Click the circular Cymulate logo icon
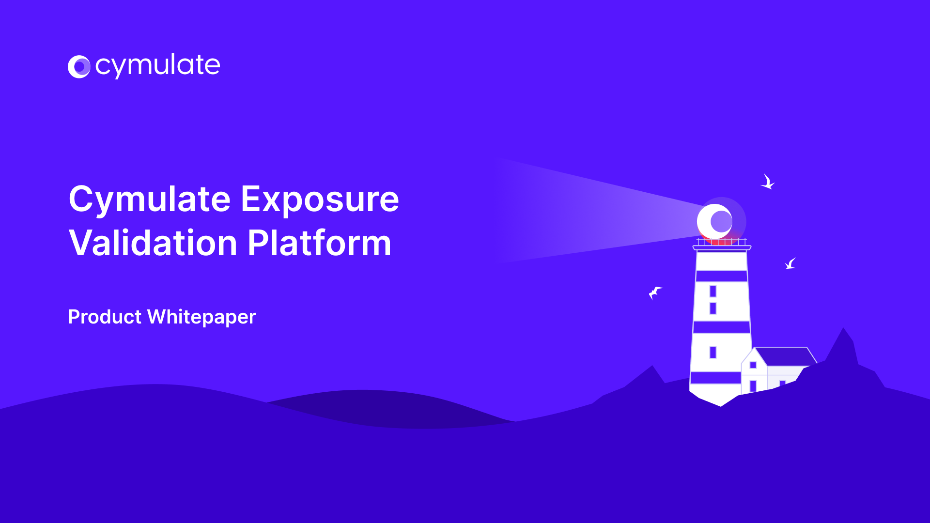click(x=79, y=67)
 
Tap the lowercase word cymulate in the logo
click(x=157, y=66)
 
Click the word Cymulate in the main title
click(x=150, y=200)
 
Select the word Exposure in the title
click(x=320, y=200)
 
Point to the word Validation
click(x=153, y=243)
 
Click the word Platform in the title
click(x=319, y=243)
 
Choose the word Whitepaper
click(x=201, y=318)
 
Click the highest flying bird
click(x=767, y=182)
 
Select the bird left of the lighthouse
click(x=655, y=292)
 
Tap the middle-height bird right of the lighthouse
click(x=790, y=264)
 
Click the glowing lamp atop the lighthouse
click(x=715, y=221)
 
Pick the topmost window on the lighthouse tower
click(x=713, y=291)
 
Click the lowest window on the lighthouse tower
click(x=713, y=352)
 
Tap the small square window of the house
click(x=753, y=365)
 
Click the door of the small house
click(x=753, y=386)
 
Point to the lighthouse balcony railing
click(x=722, y=242)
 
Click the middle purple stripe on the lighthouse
click(x=722, y=327)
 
